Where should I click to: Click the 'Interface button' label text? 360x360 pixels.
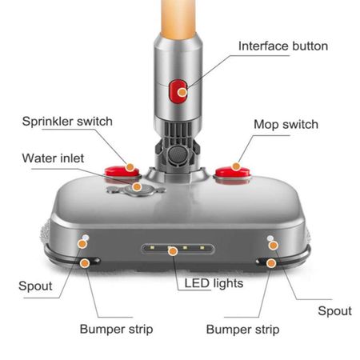click(x=283, y=46)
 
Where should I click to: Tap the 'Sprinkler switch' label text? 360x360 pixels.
click(x=67, y=122)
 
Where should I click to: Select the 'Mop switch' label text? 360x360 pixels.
click(x=286, y=125)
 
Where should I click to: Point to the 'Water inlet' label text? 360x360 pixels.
click(x=53, y=158)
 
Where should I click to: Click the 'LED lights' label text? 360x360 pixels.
click(x=214, y=283)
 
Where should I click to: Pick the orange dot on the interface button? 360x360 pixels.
click(x=182, y=93)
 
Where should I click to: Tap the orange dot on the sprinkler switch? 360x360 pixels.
click(x=130, y=167)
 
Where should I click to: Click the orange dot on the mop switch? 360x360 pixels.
click(x=236, y=166)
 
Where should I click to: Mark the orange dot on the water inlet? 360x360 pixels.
click(x=137, y=186)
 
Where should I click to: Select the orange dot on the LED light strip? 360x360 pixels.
click(x=173, y=251)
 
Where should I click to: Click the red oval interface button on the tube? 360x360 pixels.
click(x=178, y=91)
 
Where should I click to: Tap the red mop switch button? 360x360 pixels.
click(x=233, y=172)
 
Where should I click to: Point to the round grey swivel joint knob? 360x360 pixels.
click(x=178, y=154)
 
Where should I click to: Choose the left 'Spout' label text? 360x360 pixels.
click(x=35, y=286)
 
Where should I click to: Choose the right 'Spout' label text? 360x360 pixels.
click(x=334, y=311)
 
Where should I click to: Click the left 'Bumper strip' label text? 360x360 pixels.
click(x=116, y=329)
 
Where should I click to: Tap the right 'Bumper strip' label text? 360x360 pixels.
click(x=242, y=330)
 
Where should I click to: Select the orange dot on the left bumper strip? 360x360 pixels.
click(x=85, y=263)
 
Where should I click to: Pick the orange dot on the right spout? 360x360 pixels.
click(x=274, y=246)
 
